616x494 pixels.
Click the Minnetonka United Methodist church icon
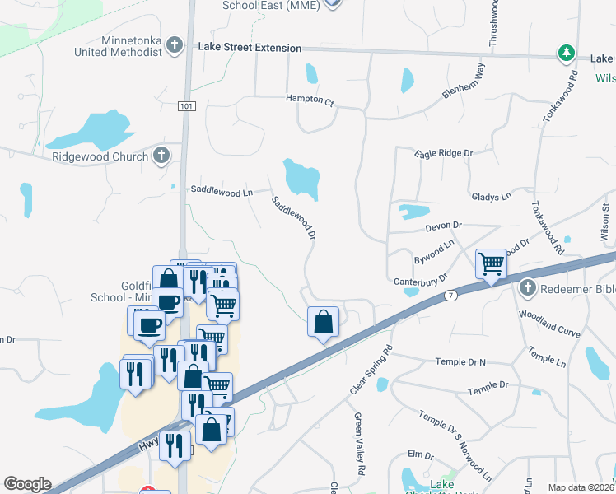coord(175,44)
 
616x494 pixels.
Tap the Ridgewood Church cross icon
coord(161,155)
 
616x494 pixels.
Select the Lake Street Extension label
coord(250,48)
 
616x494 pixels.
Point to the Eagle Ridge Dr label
coord(444,153)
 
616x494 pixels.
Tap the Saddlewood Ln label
coord(222,191)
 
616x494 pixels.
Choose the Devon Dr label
coord(444,225)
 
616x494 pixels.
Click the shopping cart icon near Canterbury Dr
coord(491,263)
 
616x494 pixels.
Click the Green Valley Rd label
coord(359,444)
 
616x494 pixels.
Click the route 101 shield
coord(187,105)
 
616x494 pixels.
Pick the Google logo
coord(27,484)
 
